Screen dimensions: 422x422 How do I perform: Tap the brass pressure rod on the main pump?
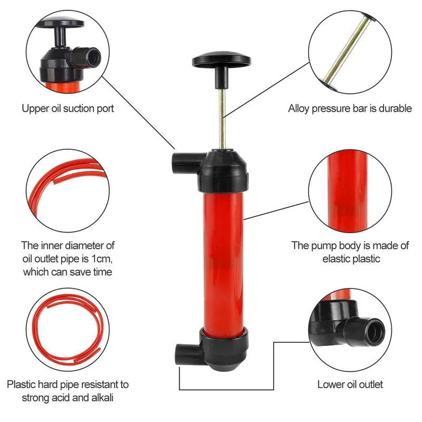click(222, 118)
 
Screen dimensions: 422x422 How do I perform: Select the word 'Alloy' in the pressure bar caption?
click(299, 109)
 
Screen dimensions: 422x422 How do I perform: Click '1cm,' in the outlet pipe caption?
click(102, 258)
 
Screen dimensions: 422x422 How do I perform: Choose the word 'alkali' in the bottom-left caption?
click(102, 398)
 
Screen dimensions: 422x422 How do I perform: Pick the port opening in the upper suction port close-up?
click(94, 57)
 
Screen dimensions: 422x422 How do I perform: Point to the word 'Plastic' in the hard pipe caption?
click(21, 385)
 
